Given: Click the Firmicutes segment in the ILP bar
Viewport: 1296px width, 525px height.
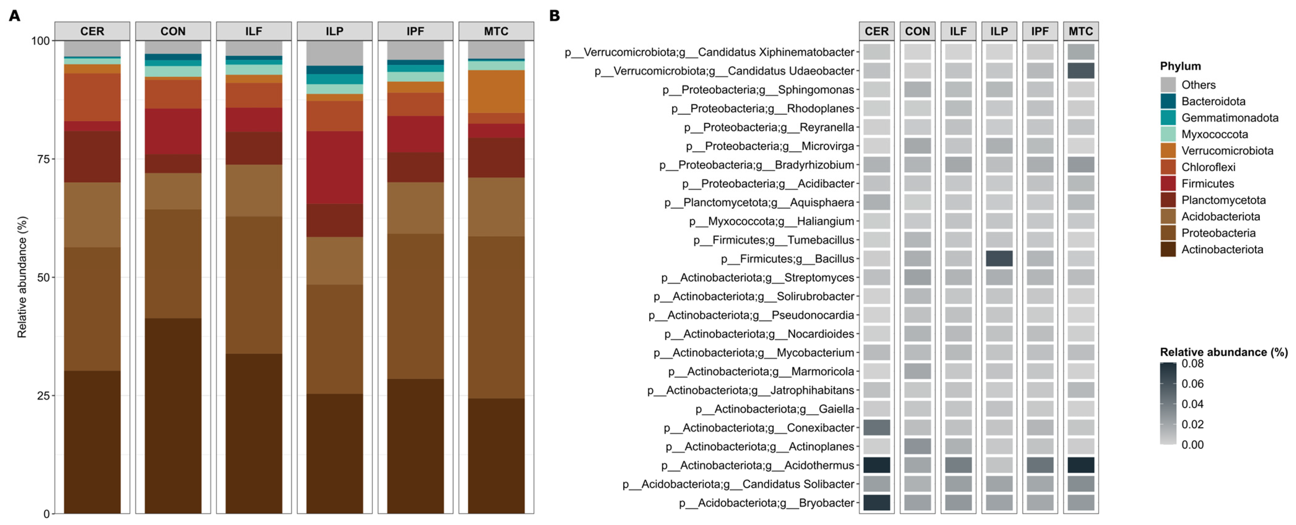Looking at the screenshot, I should pyautogui.click(x=335, y=167).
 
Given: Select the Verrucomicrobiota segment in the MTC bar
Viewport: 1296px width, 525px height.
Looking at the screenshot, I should pyautogui.click(x=496, y=91).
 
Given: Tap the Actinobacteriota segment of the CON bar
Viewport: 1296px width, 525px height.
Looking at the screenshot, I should pyautogui.click(x=173, y=416).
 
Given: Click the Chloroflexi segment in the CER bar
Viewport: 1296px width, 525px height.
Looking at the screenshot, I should pyautogui.click(x=92, y=97).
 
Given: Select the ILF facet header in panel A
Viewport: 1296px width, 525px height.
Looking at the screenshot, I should pyautogui.click(x=253, y=31).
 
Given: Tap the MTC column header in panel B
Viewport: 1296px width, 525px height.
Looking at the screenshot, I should pyautogui.click(x=1081, y=31).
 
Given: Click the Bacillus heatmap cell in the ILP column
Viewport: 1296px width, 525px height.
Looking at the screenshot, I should pyautogui.click(x=999, y=258).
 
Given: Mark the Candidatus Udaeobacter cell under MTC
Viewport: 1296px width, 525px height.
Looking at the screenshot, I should pyautogui.click(x=1081, y=70).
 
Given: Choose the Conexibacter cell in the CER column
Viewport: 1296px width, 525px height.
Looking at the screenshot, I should pyautogui.click(x=876, y=427).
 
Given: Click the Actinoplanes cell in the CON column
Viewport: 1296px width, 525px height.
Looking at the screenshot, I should pyautogui.click(x=917, y=446).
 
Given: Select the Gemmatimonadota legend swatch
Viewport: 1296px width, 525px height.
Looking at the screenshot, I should pyautogui.click(x=1168, y=118).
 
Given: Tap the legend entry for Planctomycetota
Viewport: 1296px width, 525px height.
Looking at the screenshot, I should pyautogui.click(x=1223, y=200).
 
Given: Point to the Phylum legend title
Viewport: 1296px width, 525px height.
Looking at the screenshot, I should pyautogui.click(x=1180, y=66).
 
